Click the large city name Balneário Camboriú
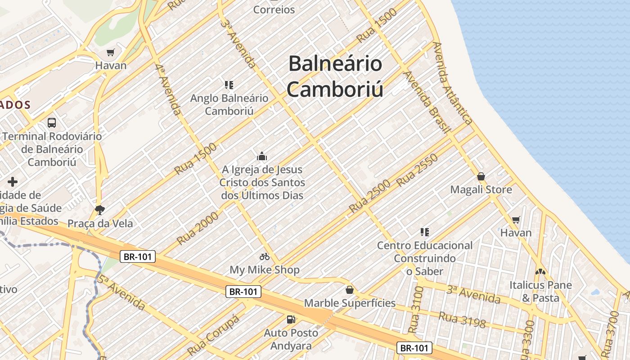pos(336,76)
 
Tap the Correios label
pos(274,9)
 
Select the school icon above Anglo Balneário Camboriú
pos(229,85)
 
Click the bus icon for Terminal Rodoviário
pos(52,122)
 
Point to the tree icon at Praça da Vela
pos(100,210)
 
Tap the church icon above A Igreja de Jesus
pos(262,156)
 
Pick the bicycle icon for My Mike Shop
pos(265,256)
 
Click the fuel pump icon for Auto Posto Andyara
pos(291,319)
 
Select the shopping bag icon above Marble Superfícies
pos(350,290)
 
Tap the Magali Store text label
pos(481,189)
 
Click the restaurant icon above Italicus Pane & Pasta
pos(540,271)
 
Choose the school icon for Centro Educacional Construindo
pos(424,232)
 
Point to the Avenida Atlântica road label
pos(452,83)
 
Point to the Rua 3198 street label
pos(462,320)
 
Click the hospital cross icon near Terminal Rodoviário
pos(13,182)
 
